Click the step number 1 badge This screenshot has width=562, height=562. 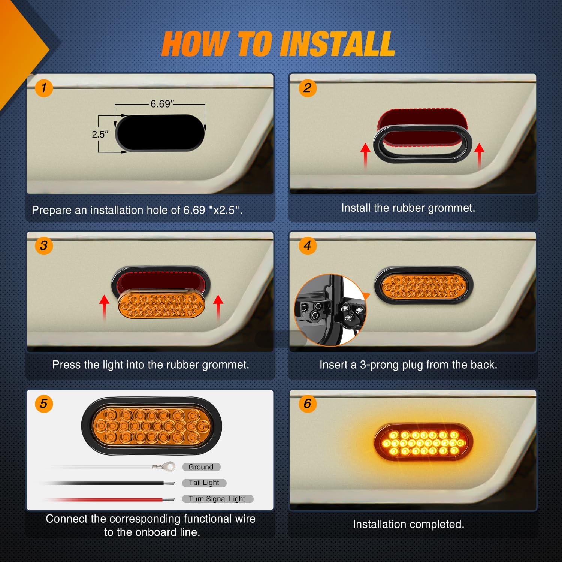click(x=44, y=88)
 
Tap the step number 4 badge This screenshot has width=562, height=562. click(x=308, y=246)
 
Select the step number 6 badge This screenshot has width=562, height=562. click(x=308, y=404)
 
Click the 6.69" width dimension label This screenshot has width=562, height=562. click(x=162, y=104)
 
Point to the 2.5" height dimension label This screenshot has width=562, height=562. click(x=100, y=134)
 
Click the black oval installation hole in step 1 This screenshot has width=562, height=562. click(x=160, y=133)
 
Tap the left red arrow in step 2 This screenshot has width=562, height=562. click(x=365, y=155)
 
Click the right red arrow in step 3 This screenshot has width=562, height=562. click(x=218, y=307)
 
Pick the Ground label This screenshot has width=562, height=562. click(x=201, y=467)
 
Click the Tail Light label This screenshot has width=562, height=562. click(x=204, y=483)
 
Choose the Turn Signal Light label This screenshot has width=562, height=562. click(x=217, y=499)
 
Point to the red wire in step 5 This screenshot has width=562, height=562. click(x=112, y=499)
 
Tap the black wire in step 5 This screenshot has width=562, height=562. click(x=112, y=483)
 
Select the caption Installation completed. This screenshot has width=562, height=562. click(x=408, y=524)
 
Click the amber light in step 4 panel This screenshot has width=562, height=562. click(x=424, y=286)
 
